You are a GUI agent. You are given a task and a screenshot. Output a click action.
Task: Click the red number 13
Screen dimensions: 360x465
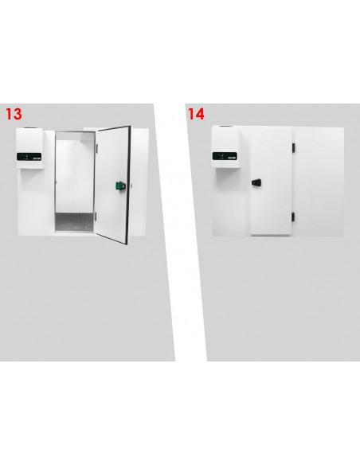(14, 114)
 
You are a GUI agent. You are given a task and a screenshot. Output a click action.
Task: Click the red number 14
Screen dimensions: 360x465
(196, 114)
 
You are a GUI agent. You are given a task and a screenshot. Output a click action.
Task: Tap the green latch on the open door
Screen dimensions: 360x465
(120, 186)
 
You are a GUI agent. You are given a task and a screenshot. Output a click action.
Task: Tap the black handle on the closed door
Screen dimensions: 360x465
(256, 182)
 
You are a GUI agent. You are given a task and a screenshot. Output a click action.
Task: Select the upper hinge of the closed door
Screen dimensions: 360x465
(293, 147)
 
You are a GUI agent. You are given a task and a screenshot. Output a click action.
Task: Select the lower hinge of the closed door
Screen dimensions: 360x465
(293, 217)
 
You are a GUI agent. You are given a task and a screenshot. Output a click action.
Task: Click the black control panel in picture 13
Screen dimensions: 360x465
(29, 157)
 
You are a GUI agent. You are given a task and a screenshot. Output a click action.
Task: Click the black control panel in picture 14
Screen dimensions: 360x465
(225, 156)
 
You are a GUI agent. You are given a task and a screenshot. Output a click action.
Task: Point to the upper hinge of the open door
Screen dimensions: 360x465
(96, 149)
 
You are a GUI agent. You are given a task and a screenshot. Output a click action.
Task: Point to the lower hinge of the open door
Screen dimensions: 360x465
(96, 217)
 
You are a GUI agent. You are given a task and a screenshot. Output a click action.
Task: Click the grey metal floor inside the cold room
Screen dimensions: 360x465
(74, 221)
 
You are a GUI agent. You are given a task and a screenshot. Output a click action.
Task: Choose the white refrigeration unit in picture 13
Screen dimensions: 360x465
(30, 148)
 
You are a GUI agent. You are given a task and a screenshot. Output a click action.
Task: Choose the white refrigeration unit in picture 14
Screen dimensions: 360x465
(226, 147)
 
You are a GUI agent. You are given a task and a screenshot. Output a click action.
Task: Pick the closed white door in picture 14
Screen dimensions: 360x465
(272, 182)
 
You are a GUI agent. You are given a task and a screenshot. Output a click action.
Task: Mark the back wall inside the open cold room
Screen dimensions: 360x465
(75, 176)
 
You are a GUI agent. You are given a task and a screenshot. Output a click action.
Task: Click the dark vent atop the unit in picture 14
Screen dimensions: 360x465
(226, 127)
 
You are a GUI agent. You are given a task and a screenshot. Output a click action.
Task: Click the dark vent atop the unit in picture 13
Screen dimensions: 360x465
(30, 128)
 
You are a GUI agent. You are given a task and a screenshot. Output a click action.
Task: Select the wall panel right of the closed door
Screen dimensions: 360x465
(319, 182)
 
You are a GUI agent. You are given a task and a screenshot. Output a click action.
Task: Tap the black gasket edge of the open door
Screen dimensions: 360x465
(129, 185)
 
